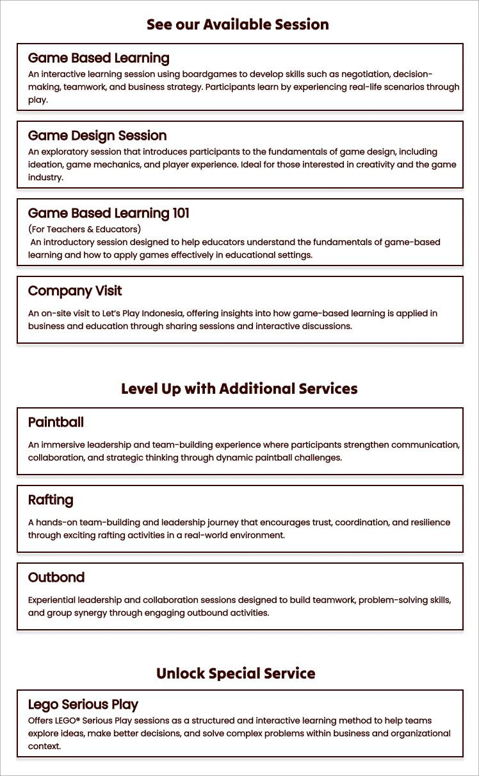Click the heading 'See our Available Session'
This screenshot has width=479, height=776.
coord(238,25)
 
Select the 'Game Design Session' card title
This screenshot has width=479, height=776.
coord(97,135)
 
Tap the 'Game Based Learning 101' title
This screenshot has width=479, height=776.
coord(109,213)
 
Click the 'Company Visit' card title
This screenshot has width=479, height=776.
coord(75,291)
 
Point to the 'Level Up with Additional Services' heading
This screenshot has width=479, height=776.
coord(239,389)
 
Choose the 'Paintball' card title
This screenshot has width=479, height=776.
coord(56,422)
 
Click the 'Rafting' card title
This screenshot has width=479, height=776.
coord(51,500)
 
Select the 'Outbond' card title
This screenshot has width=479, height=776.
coord(56,577)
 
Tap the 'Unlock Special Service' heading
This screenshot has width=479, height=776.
coord(236,673)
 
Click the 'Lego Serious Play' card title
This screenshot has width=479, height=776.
coord(83,704)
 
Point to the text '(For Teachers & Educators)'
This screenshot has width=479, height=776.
coord(85,229)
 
